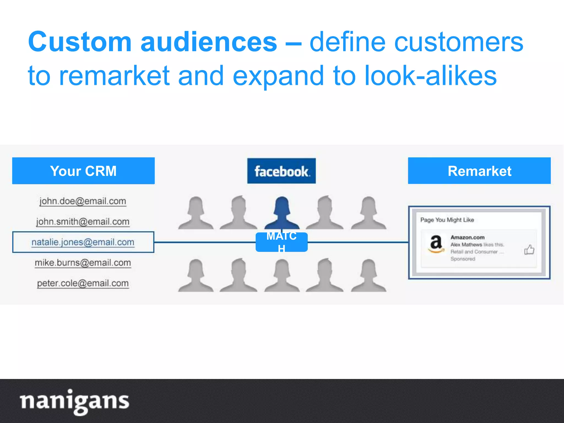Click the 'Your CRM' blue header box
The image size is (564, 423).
click(x=83, y=171)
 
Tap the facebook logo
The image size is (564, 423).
click(x=281, y=171)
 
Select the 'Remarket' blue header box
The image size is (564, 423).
click(x=479, y=171)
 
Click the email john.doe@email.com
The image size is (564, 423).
click(x=83, y=201)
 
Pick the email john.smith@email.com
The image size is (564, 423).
click(x=83, y=222)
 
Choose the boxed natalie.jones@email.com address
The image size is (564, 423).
click(x=83, y=242)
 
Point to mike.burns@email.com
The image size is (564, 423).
click(x=83, y=263)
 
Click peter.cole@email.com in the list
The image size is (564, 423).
click(x=83, y=283)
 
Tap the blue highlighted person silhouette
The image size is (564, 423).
click(x=282, y=213)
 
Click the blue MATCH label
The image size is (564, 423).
click(x=281, y=242)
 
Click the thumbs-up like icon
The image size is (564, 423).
click(x=529, y=250)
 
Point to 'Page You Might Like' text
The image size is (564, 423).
click(x=447, y=220)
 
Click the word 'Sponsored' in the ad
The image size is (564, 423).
click(x=463, y=259)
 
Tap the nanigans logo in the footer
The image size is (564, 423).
click(x=74, y=401)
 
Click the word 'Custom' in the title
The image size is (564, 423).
click(x=80, y=42)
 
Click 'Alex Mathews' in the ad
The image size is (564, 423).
click(x=466, y=245)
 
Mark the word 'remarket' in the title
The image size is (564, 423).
click(x=114, y=76)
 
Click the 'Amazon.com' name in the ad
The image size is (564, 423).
click(x=467, y=237)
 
